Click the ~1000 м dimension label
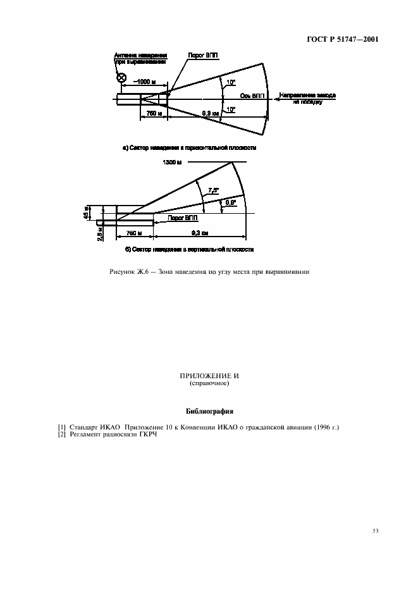pos(145,82)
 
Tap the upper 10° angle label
pos(232,83)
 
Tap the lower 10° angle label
pos(232,109)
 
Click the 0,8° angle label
pos(231,202)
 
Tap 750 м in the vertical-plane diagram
pos(134,233)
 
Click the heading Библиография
pos(209,410)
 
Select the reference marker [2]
pos(62,435)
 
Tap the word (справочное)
pos(209,383)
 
